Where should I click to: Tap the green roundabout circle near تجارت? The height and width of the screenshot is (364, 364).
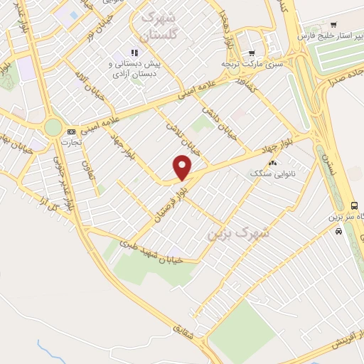(x=53, y=127)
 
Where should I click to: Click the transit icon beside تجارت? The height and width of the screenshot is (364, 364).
(x=71, y=132)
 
